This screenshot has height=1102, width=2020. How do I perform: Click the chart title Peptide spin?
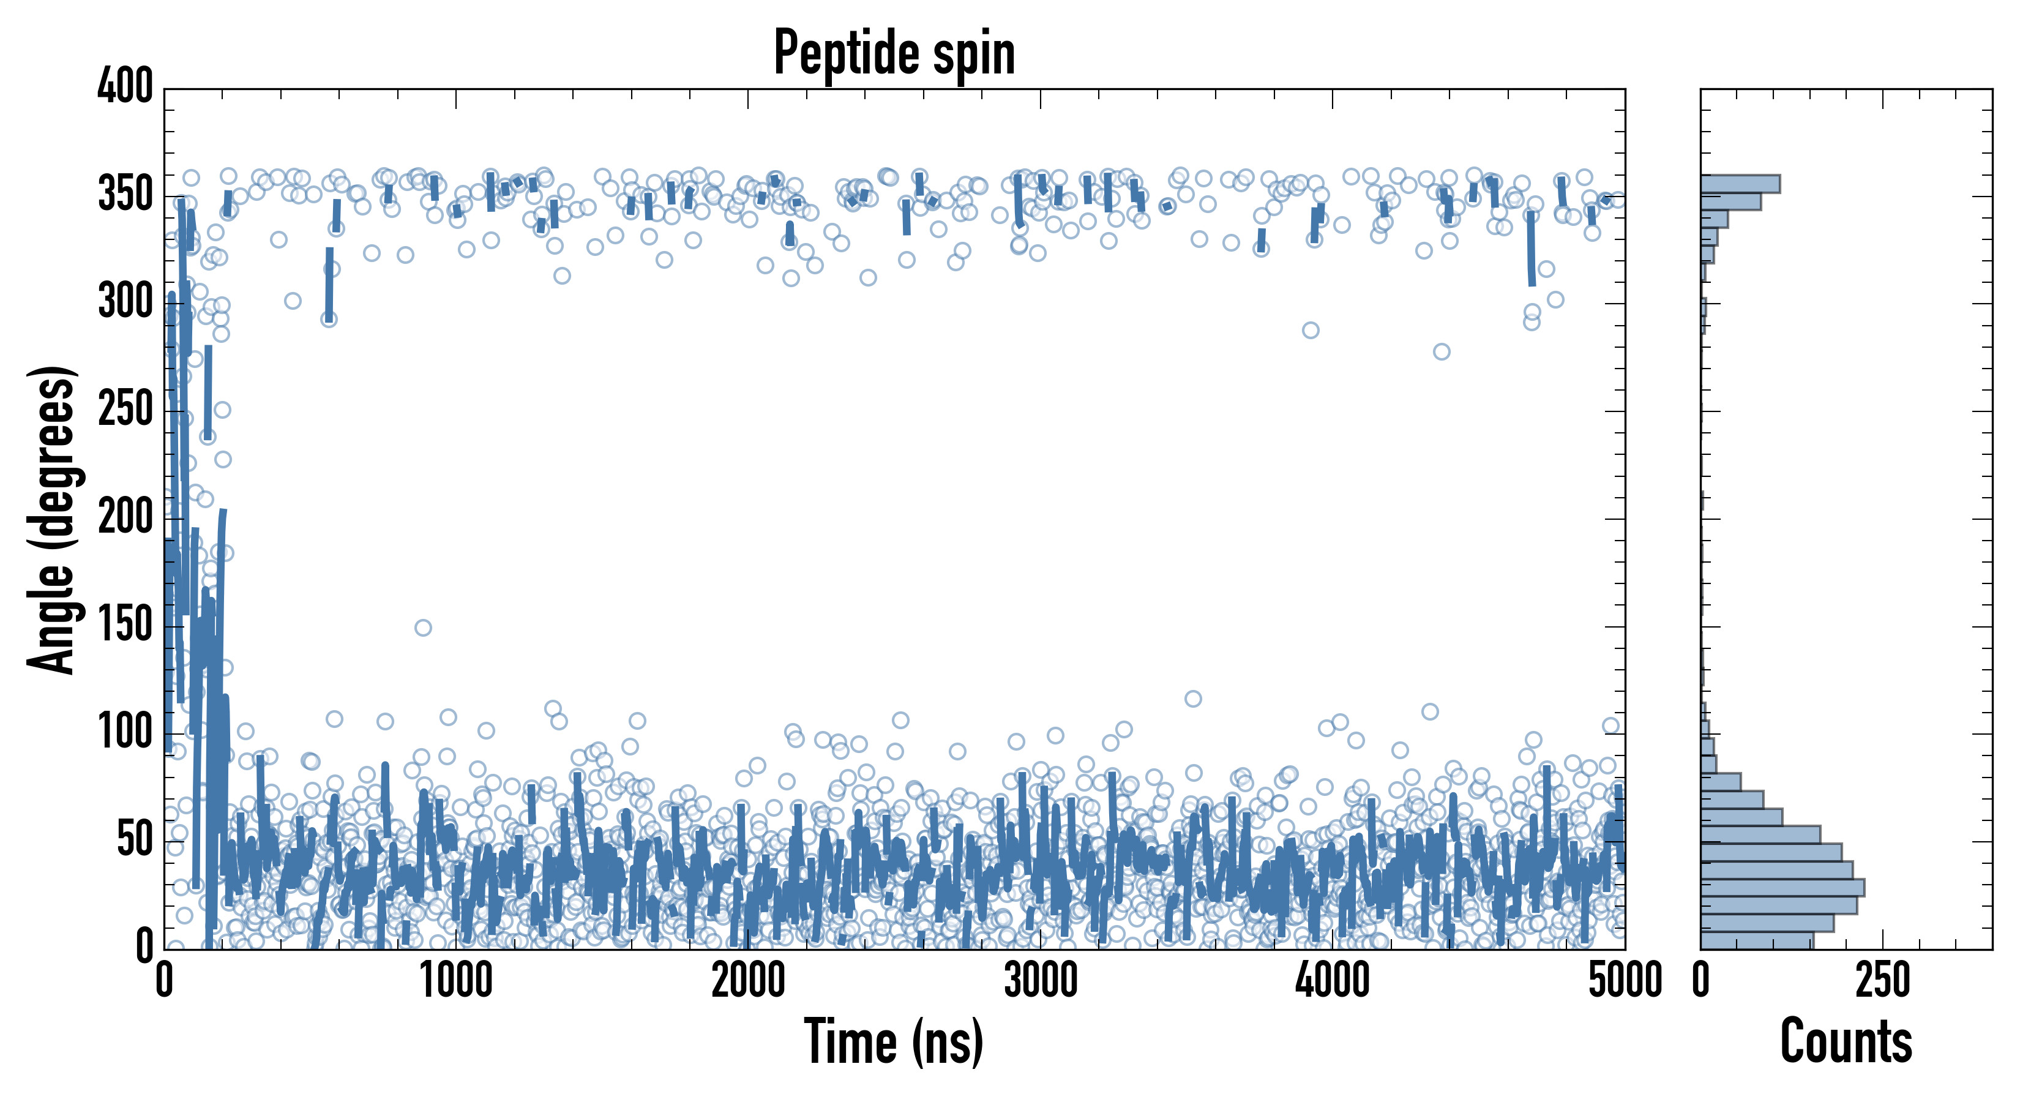point(894,53)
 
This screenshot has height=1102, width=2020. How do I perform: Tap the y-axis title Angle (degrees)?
point(52,519)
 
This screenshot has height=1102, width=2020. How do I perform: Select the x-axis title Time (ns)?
point(894,1041)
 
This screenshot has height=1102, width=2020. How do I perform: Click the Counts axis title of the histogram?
point(1846,1041)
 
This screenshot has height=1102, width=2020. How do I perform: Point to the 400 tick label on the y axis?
point(125,86)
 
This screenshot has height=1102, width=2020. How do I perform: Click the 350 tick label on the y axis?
point(125,195)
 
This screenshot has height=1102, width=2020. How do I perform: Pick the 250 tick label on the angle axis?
point(125,410)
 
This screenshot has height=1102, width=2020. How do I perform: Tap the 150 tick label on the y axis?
point(125,626)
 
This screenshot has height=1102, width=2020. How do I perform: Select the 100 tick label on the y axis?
point(125,733)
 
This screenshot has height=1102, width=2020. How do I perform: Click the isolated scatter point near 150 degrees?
point(422,628)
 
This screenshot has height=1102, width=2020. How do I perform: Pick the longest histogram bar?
point(1782,888)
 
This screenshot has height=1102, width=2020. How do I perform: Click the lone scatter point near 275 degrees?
point(1442,351)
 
